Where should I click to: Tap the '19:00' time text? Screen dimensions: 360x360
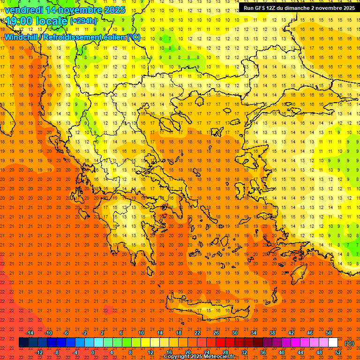click(19, 21)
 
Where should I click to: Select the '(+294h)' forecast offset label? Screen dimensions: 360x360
click(83, 21)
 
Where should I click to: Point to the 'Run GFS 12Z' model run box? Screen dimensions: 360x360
click(298, 8)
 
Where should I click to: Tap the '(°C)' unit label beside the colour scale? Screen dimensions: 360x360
click(349, 344)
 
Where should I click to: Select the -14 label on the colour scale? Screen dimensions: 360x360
click(30, 333)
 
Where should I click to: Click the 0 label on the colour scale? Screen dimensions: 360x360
click(93, 352)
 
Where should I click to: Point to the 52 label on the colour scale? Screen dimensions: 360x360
click(337, 352)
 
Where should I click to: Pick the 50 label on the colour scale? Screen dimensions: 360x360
click(329, 333)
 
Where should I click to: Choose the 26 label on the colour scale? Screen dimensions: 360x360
click(216, 333)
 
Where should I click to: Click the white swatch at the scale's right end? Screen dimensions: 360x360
click(333, 343)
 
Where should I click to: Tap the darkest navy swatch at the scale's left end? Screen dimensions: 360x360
click(23, 343)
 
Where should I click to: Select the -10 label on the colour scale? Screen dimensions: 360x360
click(48, 333)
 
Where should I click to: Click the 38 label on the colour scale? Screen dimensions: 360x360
click(272, 333)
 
